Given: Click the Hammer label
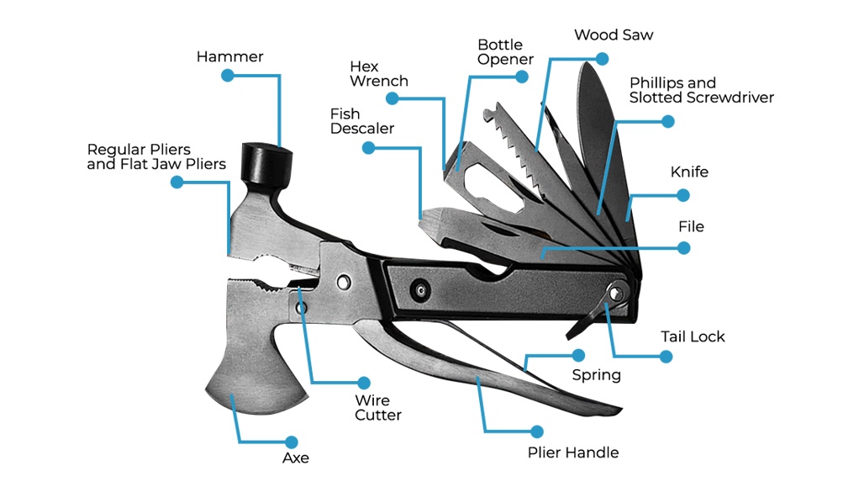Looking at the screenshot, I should [x=229, y=57].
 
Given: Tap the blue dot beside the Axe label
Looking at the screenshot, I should [x=292, y=442].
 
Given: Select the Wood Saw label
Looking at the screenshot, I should [x=614, y=35].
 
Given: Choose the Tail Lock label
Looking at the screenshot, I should [x=693, y=336].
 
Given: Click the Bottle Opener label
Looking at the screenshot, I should [x=505, y=51].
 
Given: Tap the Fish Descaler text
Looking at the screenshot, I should [x=361, y=121].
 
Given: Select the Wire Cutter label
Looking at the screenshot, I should [x=378, y=408].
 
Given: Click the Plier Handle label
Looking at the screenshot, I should [x=573, y=453].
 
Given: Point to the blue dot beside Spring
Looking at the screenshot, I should [x=578, y=355].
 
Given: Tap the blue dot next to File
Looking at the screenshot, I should [x=683, y=248].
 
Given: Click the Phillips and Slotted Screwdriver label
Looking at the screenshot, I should [x=701, y=90].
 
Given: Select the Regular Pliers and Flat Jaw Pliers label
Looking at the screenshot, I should [x=156, y=157].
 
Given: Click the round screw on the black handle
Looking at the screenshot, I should [x=419, y=290].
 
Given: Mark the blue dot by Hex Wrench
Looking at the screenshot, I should [x=392, y=98].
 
